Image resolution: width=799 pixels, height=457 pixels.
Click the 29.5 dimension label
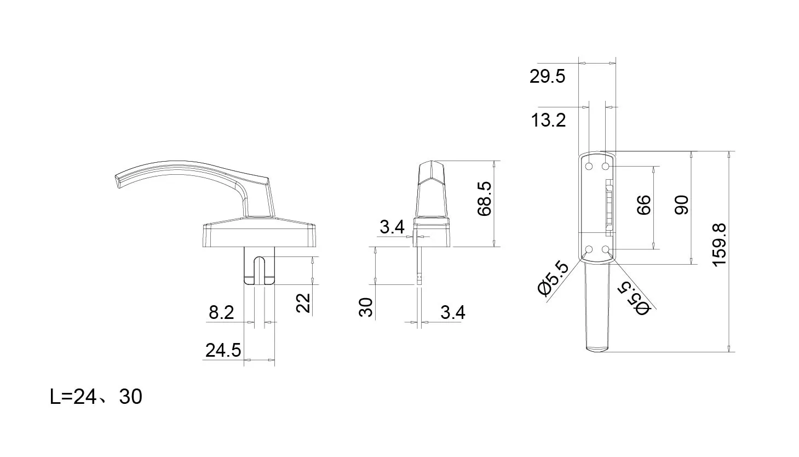pyautogui.click(x=547, y=77)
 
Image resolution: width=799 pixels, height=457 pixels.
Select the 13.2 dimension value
pyautogui.click(x=548, y=120)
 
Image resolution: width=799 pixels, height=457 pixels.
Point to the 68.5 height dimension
pyautogui.click(x=485, y=198)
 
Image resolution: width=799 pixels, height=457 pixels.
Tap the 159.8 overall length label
pyautogui.click(x=719, y=245)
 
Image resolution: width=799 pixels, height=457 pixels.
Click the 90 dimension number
pyautogui.click(x=682, y=205)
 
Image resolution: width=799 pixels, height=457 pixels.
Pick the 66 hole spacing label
pyautogui.click(x=644, y=205)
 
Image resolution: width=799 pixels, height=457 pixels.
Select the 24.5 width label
pyautogui.click(x=223, y=350)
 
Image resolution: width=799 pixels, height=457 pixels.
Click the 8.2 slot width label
pyautogui.click(x=221, y=312)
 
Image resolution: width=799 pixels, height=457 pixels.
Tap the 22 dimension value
pyautogui.click(x=303, y=303)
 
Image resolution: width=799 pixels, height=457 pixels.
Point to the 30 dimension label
pyautogui.click(x=366, y=307)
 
